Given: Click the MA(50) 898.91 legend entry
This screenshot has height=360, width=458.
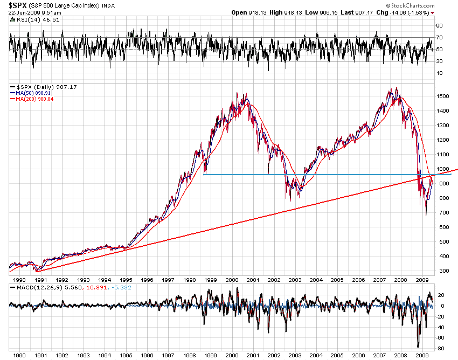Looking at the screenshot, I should [x=29, y=93].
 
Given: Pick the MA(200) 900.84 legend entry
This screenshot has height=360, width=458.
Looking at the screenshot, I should [x=30, y=99].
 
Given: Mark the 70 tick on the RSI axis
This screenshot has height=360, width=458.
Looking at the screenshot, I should [x=439, y=37].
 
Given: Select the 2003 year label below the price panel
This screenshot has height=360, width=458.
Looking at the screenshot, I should [x=295, y=280].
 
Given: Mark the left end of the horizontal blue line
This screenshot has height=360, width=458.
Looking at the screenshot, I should [x=204, y=174].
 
